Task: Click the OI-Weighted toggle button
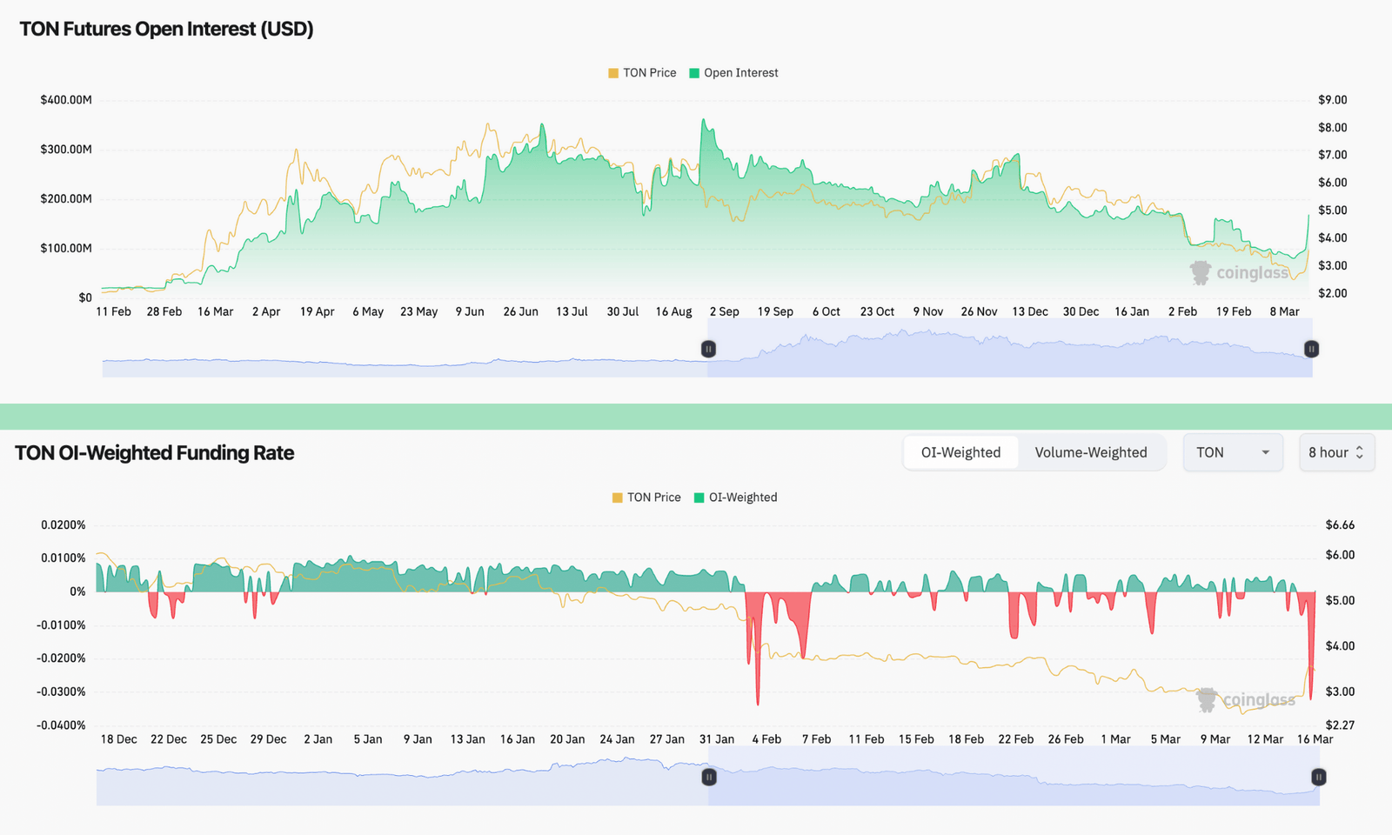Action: tap(960, 452)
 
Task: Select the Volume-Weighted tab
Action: tap(1091, 452)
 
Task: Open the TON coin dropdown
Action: tap(1233, 452)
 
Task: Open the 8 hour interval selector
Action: tap(1336, 452)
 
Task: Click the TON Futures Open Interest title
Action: tap(166, 29)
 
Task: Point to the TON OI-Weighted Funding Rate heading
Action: tap(155, 453)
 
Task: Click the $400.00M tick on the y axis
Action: tap(66, 100)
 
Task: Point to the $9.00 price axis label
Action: tap(1332, 100)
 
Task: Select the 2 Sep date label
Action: tap(724, 311)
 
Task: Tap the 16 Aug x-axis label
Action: tap(673, 311)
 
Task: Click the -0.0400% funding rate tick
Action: tap(61, 725)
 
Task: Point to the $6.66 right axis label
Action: tap(1340, 524)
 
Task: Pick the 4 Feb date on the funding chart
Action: tap(766, 739)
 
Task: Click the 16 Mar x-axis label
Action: tap(1315, 739)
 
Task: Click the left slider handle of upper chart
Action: tap(708, 349)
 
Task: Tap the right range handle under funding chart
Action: tap(1319, 777)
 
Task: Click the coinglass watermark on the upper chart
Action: tap(1240, 273)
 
